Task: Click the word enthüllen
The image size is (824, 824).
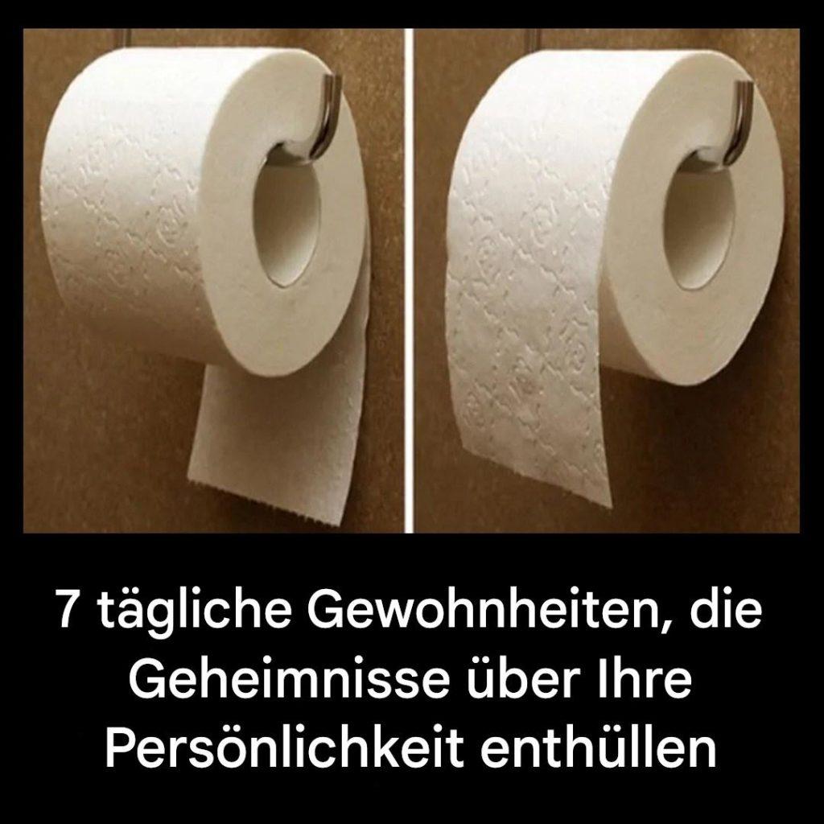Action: [x=599, y=748]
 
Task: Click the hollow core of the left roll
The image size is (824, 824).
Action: [x=286, y=220]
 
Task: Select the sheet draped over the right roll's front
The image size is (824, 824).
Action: [x=525, y=326]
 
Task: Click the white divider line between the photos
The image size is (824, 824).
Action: [x=409, y=281]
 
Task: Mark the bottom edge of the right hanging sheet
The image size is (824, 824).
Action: [x=536, y=476]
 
